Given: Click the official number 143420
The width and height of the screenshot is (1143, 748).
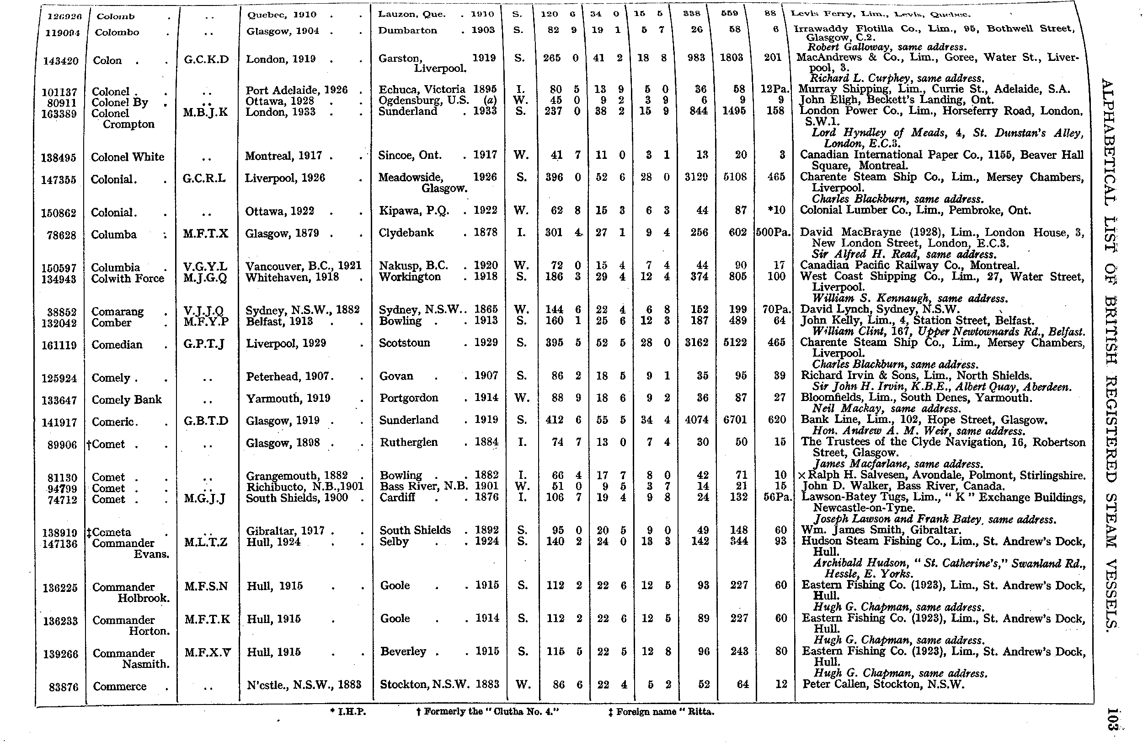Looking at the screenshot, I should [60, 61].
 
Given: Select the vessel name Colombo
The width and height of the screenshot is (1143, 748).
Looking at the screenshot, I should [117, 33].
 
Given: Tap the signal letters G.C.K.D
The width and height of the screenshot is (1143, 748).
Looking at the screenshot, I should [206, 60].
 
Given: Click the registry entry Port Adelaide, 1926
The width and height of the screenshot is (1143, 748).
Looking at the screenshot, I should [296, 90].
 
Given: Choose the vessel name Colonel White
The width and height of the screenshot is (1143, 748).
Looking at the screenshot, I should [128, 157].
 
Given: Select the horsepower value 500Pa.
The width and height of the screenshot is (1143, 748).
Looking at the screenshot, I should [773, 233].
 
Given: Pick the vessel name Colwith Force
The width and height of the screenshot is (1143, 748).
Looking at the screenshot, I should [128, 278].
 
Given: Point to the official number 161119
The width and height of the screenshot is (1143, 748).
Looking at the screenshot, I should [59, 345].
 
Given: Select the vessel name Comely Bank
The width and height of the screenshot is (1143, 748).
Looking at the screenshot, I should [127, 400].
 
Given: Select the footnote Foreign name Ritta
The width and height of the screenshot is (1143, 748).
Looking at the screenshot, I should [661, 712].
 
